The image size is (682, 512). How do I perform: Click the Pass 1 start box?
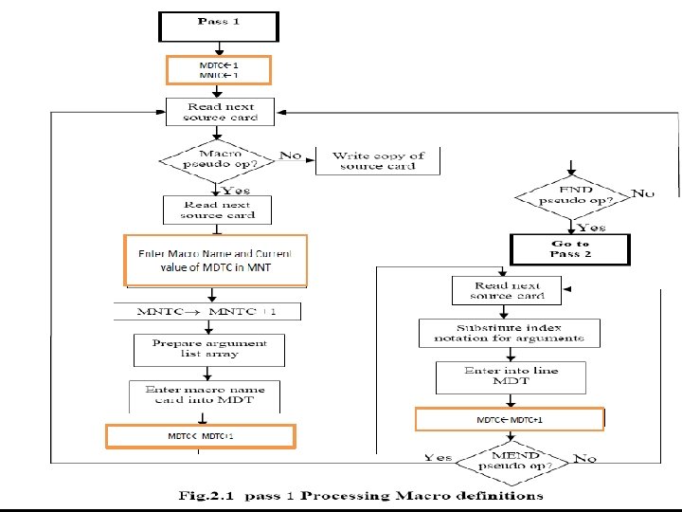coord(219,26)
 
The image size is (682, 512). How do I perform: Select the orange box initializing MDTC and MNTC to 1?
coord(219,69)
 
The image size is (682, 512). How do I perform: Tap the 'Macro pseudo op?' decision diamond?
coord(218,158)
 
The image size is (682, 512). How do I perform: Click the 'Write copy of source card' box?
coord(377,160)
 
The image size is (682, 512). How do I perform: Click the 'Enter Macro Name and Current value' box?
coord(216,260)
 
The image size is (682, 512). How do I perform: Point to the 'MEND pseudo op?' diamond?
coord(510,465)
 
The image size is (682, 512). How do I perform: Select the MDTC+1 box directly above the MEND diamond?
coord(510,418)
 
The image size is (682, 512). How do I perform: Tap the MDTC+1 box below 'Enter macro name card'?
coord(201,435)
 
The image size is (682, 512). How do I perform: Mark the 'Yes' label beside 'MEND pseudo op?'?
coord(438,457)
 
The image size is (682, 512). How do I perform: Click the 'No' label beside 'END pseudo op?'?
coord(644,193)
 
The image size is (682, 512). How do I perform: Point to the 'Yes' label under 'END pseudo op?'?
coord(592,228)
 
